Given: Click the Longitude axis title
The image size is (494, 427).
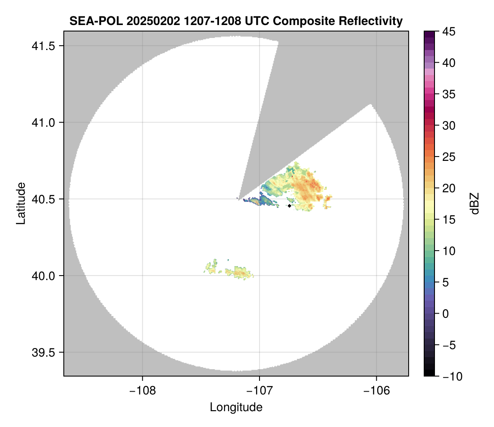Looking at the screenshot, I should (236, 407).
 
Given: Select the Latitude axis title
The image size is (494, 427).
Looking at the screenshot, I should (21, 203).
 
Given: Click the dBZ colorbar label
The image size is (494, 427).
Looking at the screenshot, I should (475, 203).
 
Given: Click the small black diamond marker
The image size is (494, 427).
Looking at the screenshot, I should (289, 206).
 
